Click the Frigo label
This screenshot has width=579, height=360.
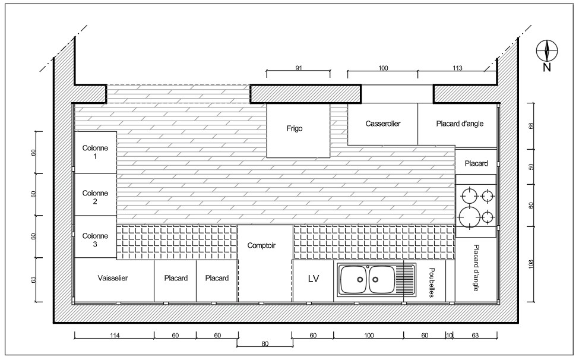295,128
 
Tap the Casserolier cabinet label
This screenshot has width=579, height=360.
383,124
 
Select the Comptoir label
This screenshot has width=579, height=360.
261,245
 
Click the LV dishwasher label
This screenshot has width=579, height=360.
313,279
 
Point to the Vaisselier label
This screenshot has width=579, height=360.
113,278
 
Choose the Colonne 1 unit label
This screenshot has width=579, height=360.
95,152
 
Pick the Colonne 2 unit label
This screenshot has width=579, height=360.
95,197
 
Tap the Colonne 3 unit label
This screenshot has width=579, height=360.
95,240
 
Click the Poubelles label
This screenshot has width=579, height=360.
431,282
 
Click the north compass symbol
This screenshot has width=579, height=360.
547,50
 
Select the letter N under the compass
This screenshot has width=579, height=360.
547,68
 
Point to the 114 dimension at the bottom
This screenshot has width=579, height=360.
115,336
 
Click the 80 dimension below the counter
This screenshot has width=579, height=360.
265,344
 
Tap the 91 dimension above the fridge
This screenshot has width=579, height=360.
299,68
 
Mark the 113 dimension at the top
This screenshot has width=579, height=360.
457,68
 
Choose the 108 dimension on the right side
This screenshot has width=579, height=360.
531,264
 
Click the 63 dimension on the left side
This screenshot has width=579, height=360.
34,280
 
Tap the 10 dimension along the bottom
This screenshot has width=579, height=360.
449,335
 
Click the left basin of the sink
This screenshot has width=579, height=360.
353,280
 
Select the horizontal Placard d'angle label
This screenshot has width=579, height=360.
460,124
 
